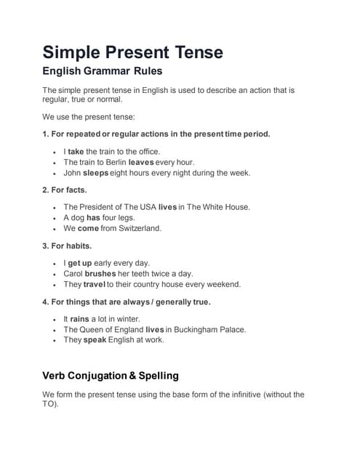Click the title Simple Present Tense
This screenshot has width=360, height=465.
click(x=132, y=52)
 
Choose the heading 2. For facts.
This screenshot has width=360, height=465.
click(x=65, y=190)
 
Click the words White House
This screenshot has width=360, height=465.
click(x=224, y=207)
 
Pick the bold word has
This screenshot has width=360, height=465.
click(x=93, y=217)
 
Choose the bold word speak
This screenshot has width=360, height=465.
click(x=95, y=339)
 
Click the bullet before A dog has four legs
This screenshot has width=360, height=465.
click(x=55, y=218)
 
